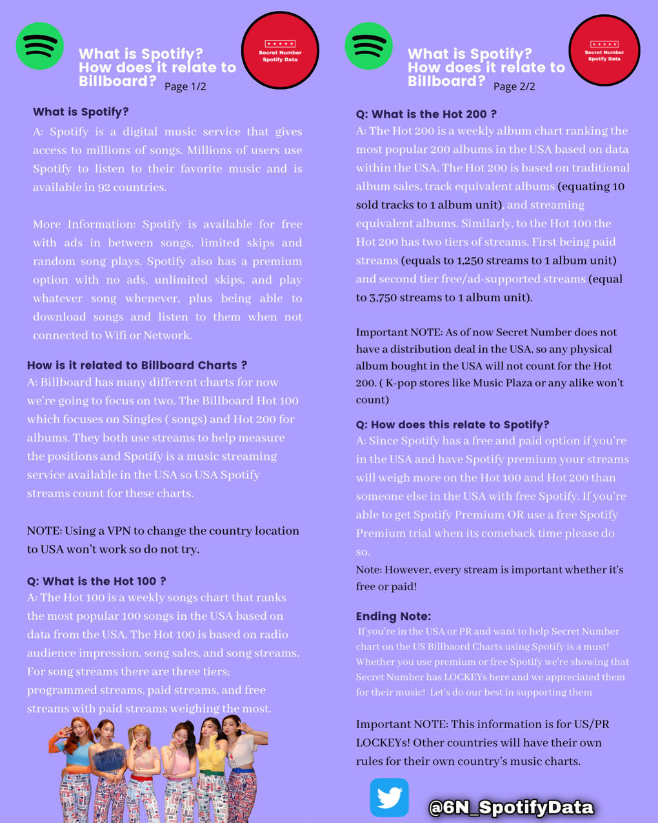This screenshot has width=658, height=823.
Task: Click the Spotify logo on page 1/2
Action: [x=40, y=46]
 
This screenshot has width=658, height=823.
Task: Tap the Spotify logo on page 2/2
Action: [x=369, y=46]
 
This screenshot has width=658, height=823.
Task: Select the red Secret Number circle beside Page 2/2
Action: [x=604, y=50]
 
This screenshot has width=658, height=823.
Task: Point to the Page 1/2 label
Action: [x=185, y=86]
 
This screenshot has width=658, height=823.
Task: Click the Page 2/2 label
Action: [x=514, y=86]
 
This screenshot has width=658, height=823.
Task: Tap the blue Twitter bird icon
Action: [x=389, y=798]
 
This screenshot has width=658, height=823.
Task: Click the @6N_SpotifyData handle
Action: [x=511, y=808]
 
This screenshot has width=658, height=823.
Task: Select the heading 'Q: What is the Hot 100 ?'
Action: [x=97, y=581]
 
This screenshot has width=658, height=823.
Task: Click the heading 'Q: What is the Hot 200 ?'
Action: [x=426, y=114]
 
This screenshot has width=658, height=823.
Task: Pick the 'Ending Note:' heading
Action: [x=394, y=616]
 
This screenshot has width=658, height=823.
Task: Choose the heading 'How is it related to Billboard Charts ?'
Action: [x=137, y=365]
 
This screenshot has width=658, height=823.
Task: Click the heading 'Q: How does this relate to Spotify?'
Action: [x=453, y=424]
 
